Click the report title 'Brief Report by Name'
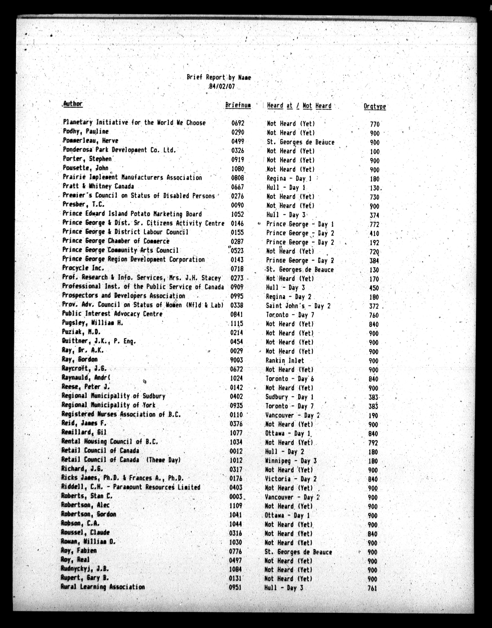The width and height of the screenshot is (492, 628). click(219, 77)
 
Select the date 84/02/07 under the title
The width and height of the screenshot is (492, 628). click(222, 87)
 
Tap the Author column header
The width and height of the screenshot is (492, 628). click(73, 104)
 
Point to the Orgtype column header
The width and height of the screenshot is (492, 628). click(375, 106)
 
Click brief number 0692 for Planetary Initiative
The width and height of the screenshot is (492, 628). click(238, 123)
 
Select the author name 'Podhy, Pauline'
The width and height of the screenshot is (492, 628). click(86, 131)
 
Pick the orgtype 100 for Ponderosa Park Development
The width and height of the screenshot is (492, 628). click(375, 152)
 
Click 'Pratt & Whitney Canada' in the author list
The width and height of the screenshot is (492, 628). click(98, 186)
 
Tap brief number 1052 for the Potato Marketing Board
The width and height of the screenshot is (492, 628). click(237, 214)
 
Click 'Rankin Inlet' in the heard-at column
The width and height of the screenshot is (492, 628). click(285, 360)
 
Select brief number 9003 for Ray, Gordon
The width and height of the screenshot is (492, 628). click(237, 360)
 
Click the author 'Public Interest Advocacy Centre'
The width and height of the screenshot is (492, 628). click(112, 314)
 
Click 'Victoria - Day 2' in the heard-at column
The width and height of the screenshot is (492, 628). click(291, 479)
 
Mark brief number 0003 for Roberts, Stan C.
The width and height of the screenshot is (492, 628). click(236, 497)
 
